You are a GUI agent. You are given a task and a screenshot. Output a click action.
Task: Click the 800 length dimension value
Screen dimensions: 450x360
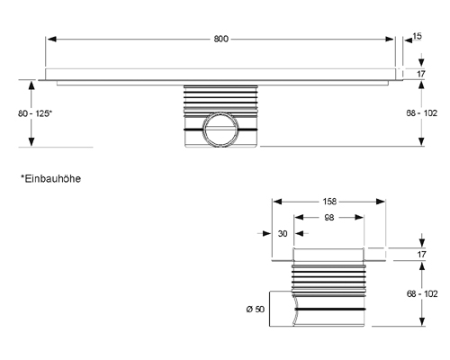tap(221, 39)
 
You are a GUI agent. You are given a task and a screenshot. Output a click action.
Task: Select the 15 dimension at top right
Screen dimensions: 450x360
tap(417, 36)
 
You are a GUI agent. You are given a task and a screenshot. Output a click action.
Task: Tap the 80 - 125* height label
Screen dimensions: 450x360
tap(35, 113)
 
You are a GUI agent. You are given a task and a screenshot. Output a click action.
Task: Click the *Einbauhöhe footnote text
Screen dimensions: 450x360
tap(50, 179)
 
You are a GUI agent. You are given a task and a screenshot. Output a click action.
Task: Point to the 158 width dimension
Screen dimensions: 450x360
tap(329, 202)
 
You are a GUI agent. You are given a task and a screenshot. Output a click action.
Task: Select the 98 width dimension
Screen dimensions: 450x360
tap(329, 218)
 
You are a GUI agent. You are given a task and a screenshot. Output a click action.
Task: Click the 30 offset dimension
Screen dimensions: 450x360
tap(283, 233)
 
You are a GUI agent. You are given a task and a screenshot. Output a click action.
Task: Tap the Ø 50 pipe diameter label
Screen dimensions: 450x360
tap(256, 309)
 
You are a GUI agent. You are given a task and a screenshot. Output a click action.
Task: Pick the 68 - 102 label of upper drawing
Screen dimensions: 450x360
tap(422, 113)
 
